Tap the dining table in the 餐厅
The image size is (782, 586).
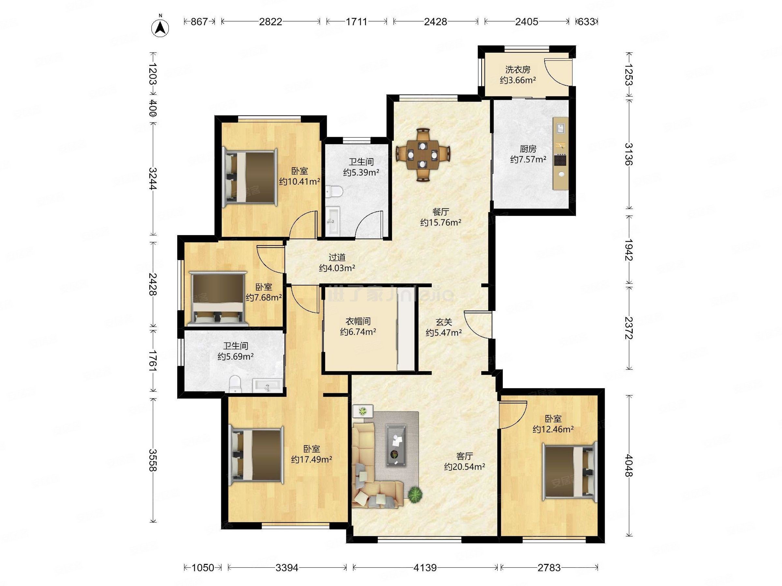[423, 155]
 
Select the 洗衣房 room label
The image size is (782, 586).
[517, 70]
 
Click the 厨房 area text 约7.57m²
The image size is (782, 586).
[528, 159]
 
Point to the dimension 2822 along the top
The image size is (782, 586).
[270, 22]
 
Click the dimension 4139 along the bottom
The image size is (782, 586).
[425, 568]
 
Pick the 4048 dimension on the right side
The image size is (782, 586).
[628, 465]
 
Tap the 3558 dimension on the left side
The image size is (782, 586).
[153, 460]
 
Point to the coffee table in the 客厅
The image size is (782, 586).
[396, 445]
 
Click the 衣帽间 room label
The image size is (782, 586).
[358, 321]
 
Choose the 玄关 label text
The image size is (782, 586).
[444, 322]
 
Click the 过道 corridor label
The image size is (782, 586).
[337, 258]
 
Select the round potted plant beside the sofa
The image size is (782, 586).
[415, 494]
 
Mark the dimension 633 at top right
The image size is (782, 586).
[586, 22]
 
